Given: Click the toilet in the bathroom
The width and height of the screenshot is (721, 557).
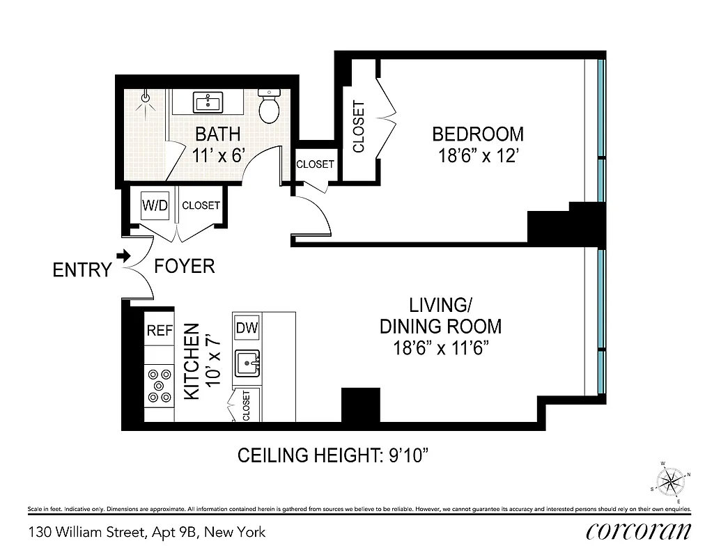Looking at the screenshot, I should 269,104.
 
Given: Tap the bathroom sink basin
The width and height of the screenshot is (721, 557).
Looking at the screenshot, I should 208,104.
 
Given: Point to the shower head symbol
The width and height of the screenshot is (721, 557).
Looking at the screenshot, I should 146,99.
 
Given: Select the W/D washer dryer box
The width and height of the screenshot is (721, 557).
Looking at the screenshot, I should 155,206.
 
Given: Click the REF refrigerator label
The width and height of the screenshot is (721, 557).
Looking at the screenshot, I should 159,331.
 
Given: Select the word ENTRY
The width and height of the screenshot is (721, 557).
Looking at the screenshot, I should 82,270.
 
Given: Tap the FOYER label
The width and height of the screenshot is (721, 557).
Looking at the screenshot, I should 184,266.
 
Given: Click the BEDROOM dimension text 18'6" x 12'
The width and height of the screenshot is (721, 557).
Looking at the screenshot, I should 478,156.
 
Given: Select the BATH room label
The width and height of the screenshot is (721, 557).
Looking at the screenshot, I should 217,133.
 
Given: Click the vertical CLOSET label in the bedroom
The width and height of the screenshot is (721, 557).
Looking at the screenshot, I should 359,127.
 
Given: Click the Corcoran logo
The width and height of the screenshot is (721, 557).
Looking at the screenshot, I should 639,532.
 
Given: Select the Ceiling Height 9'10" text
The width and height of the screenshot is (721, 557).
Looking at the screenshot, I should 332,456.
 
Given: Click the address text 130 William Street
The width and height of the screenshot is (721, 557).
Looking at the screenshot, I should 147,533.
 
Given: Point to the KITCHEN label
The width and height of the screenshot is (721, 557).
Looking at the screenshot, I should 192,361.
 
